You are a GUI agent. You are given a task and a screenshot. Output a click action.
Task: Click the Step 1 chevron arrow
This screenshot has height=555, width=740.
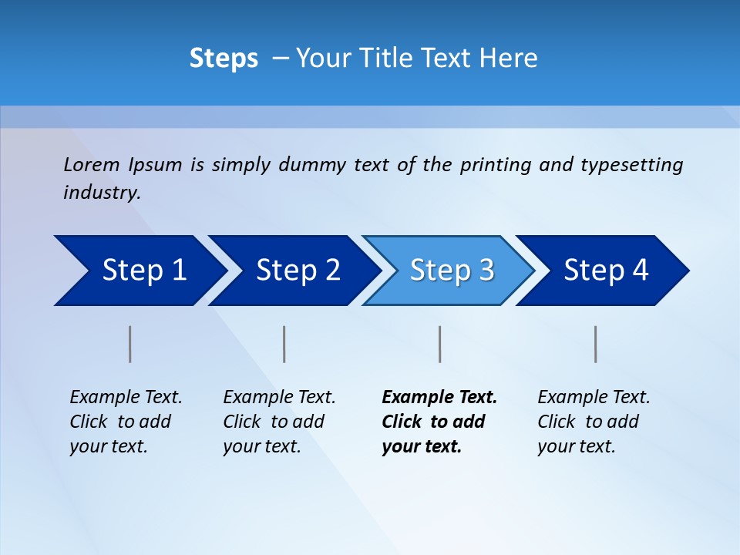(x=139, y=271)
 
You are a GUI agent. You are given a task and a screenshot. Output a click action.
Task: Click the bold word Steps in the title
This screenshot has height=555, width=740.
(x=224, y=59)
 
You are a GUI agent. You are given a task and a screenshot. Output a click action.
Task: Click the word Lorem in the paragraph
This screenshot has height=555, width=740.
(x=92, y=164)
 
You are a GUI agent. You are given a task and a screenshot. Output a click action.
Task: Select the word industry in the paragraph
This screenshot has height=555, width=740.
(x=101, y=192)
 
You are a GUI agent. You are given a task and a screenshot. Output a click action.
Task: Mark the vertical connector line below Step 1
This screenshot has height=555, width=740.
(x=130, y=344)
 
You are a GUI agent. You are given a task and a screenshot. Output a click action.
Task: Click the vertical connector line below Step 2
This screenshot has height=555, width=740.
(x=284, y=344)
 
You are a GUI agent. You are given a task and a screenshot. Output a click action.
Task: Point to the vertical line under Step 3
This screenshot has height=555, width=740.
(x=440, y=344)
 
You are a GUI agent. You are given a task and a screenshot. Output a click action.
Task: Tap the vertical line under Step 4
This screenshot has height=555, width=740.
(x=596, y=344)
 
